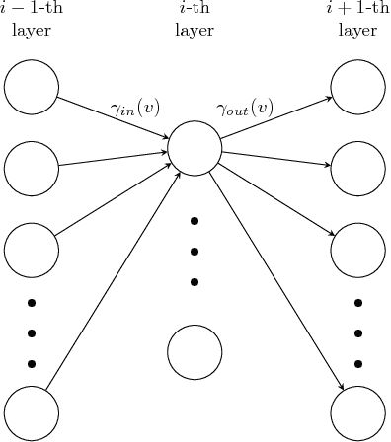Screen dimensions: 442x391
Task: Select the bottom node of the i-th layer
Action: pos(195,352)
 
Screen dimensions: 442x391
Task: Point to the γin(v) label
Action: pos(136,108)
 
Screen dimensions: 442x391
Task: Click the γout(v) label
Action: pos(245,108)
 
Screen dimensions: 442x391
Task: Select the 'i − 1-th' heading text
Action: pos(32,9)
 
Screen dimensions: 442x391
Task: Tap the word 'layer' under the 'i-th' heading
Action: pos(195,30)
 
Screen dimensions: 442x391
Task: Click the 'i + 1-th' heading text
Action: pos(357,9)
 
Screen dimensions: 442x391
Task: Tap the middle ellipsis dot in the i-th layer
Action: pos(195,251)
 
